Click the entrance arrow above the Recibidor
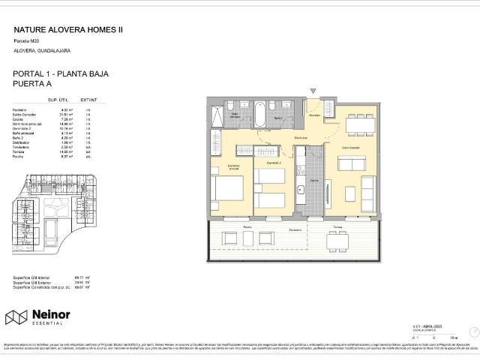pyautogui.click(x=313, y=91)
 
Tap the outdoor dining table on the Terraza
pyautogui.click(x=336, y=241)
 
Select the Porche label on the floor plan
pyautogui.click(x=247, y=226)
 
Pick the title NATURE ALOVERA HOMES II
pyautogui.click(x=68, y=30)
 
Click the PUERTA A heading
pyautogui.click(x=34, y=85)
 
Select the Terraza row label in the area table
pyautogui.click(x=21, y=151)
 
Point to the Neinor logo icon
pyautogui.click(x=16, y=317)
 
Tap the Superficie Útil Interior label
pyautogui.click(x=37, y=277)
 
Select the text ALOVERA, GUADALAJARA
pyautogui.click(x=42, y=50)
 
